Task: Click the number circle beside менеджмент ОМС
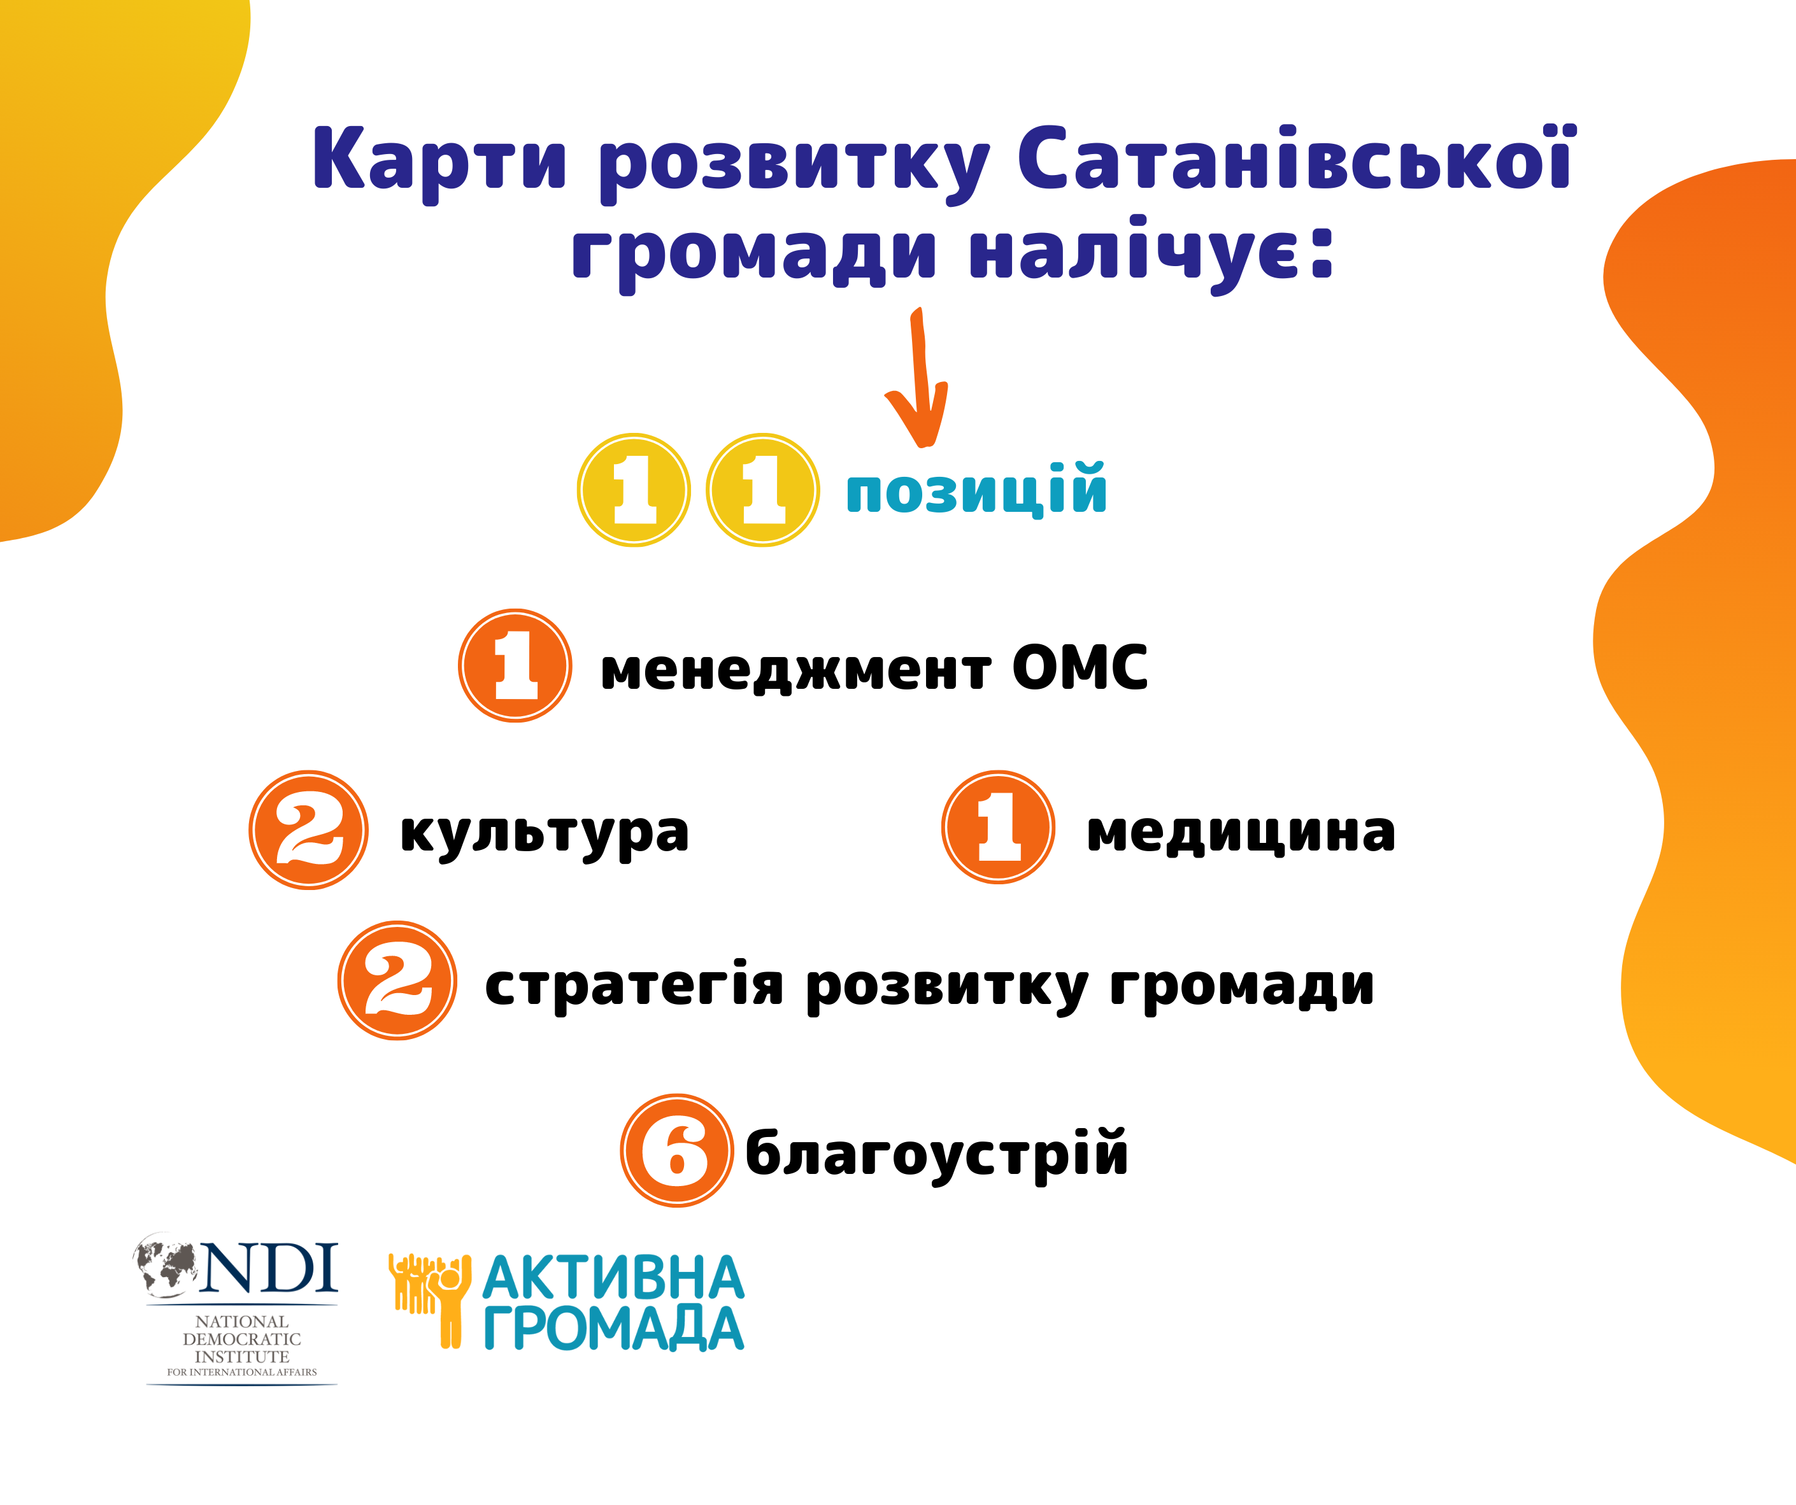click(x=515, y=665)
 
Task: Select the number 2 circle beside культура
click(x=309, y=830)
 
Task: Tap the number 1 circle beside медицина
click(x=998, y=826)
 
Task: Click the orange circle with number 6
click(x=676, y=1150)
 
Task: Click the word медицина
click(x=1241, y=832)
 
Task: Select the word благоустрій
click(x=936, y=1154)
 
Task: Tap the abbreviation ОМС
click(x=1080, y=667)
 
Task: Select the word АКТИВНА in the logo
click(x=613, y=1278)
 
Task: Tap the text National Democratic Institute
click(x=242, y=1339)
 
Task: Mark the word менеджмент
click(x=796, y=670)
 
